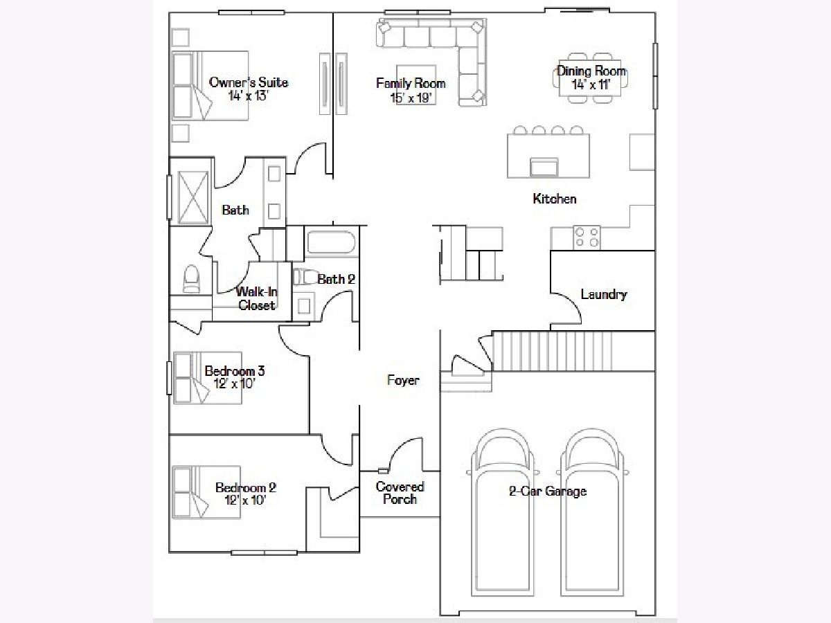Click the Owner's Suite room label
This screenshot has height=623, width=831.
click(249, 82)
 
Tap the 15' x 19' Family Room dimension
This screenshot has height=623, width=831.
click(411, 98)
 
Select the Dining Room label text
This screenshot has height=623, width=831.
click(591, 71)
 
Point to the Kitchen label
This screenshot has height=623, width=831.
click(555, 199)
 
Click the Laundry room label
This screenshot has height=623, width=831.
click(604, 294)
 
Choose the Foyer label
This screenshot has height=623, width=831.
click(403, 380)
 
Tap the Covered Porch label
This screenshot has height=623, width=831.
click(400, 493)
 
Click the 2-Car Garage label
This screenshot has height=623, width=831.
click(548, 491)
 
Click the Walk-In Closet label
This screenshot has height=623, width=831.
click(257, 298)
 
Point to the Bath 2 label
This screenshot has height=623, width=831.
click(336, 279)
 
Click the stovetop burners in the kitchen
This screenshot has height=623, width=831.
click(587, 237)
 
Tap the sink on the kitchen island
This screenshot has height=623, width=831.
click(544, 167)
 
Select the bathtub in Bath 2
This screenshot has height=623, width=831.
click(330, 242)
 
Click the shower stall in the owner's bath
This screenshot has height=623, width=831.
click(193, 197)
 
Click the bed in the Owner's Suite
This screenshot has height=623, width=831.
click(211, 86)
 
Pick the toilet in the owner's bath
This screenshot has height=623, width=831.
click(191, 279)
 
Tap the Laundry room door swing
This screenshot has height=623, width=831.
click(570, 307)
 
